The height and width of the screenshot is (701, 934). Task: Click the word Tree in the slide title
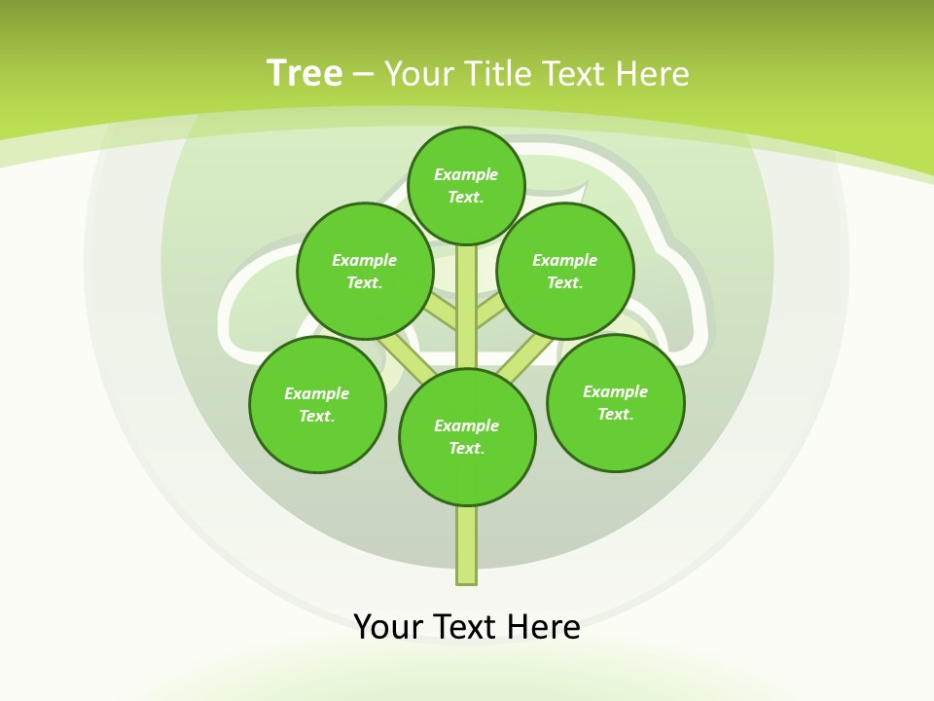(305, 74)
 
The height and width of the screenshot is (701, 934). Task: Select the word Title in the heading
(498, 74)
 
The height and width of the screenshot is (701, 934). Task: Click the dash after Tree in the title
(363, 74)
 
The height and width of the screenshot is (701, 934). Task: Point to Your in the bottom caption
(388, 626)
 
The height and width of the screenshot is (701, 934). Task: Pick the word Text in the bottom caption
(466, 626)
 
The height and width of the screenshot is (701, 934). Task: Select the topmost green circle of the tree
(466, 186)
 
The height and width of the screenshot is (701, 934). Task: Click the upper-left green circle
(365, 271)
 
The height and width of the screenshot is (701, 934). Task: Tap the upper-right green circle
(565, 271)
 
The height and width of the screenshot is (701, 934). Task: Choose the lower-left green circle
(317, 404)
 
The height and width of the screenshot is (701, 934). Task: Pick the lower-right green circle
(616, 402)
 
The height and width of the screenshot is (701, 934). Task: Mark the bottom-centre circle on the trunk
(467, 437)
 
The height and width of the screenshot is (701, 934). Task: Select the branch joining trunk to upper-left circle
(442, 314)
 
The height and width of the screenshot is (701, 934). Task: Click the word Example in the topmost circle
(466, 175)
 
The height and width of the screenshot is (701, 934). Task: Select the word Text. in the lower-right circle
(615, 414)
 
